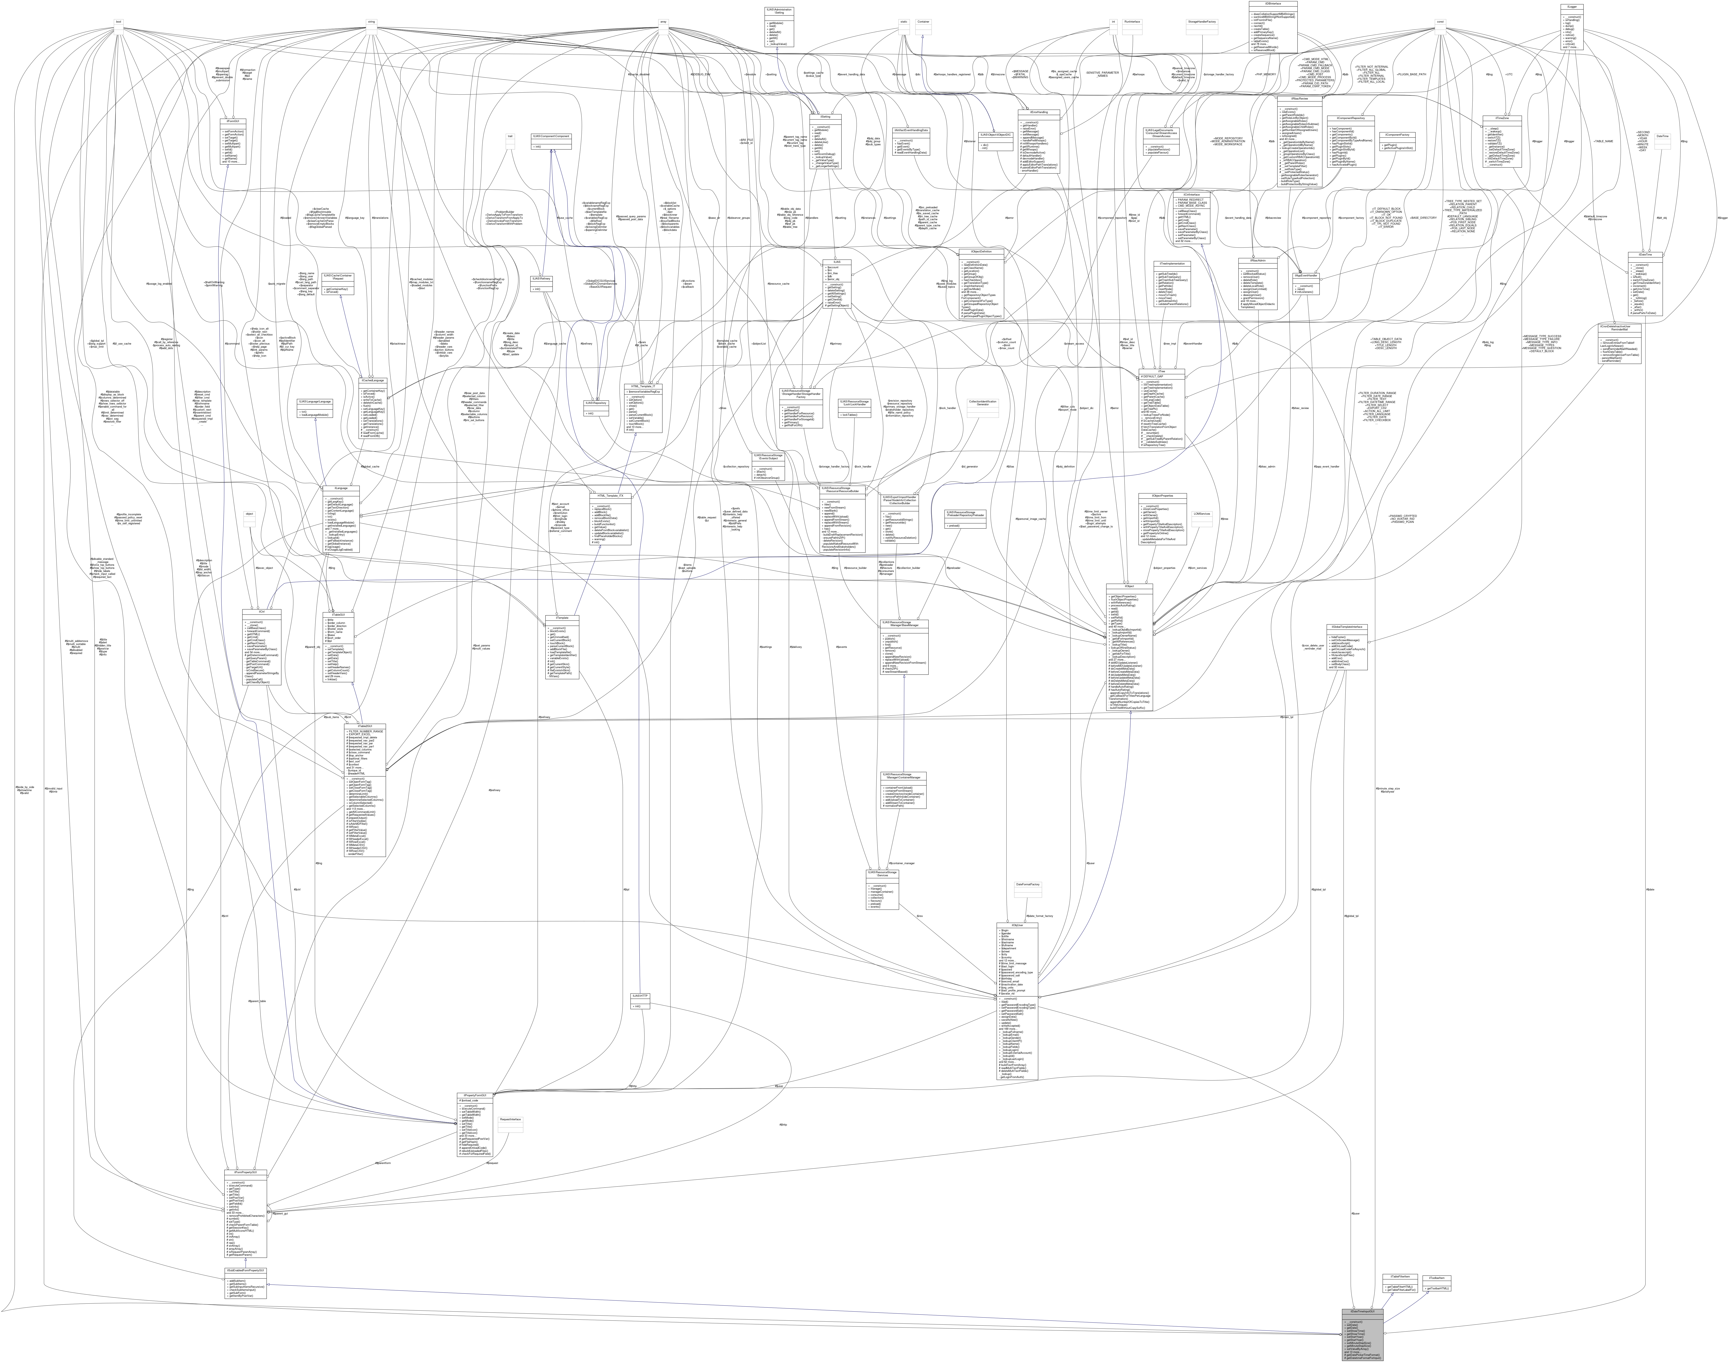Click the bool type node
point(118,22)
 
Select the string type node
point(371,22)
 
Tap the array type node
point(663,22)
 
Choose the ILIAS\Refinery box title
point(541,278)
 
